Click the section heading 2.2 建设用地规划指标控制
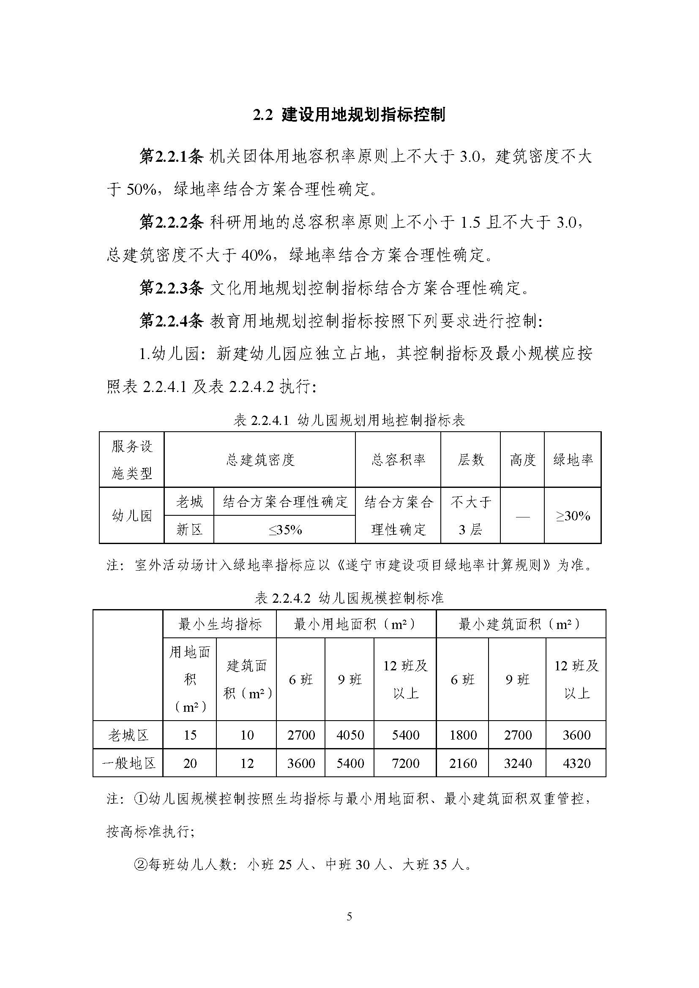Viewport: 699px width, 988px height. pos(349,115)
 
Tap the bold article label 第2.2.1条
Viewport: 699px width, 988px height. pos(171,157)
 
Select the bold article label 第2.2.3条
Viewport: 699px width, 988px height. pos(171,289)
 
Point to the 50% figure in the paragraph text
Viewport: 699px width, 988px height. pos(141,190)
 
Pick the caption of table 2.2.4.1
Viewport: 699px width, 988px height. pos(349,420)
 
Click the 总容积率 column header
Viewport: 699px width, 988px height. pos(398,460)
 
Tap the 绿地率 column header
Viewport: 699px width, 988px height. pos(573,460)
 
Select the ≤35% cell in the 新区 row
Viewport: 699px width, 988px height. pos(285,530)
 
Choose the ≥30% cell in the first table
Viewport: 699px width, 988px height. pos(573,515)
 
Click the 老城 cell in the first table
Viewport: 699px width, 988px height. pos(189,502)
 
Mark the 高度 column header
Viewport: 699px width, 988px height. pos(522,460)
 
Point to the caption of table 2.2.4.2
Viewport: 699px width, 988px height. pos(349,598)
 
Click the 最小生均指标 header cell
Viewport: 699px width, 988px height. pos(220,624)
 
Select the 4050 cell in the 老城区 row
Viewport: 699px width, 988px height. pos(350,735)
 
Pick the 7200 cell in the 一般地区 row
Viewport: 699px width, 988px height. pos(405,763)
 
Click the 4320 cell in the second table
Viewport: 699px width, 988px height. pos(576,763)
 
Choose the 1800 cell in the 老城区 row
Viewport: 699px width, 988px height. pos(463,735)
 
